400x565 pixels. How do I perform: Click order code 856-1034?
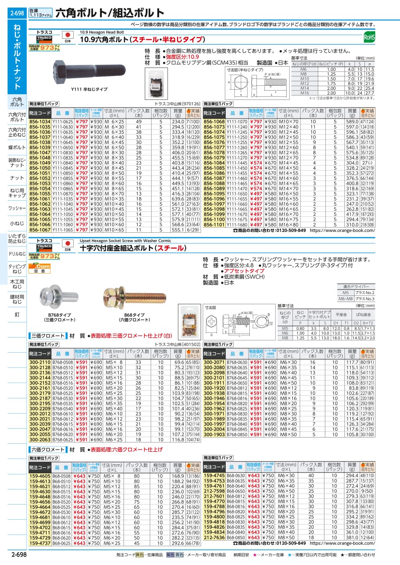[40, 122]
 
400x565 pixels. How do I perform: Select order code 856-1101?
[214, 225]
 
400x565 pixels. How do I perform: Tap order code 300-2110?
[40, 362]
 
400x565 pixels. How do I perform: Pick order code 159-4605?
[40, 475]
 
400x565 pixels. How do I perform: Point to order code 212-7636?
[214, 549]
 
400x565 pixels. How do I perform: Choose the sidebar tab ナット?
[17, 178]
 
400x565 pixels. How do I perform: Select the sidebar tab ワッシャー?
[17, 208]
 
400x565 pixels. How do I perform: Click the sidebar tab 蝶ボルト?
[17, 147]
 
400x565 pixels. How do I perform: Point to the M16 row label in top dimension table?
[303, 93]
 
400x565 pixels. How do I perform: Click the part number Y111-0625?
[63, 122]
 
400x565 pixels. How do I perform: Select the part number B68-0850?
[236, 549]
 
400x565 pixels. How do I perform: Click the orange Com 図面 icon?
[37, 267]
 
